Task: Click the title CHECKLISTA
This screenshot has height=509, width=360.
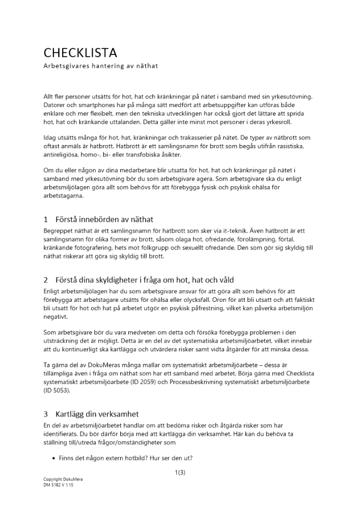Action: (80, 52)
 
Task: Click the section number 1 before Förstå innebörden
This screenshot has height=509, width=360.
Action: (46, 220)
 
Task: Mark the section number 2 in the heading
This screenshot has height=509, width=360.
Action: (46, 280)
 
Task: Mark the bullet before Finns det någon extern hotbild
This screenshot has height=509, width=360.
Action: (54, 458)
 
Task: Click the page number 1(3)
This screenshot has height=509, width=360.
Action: (180, 472)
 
